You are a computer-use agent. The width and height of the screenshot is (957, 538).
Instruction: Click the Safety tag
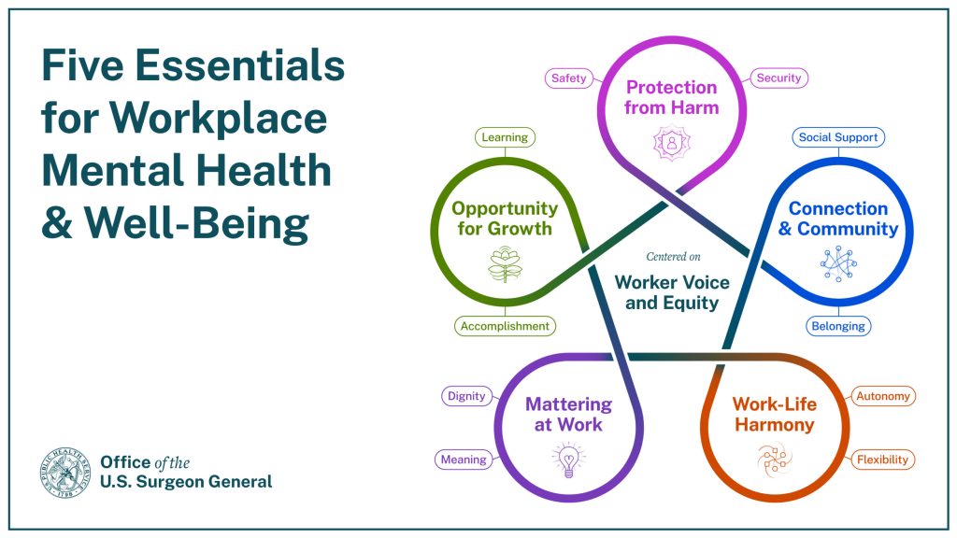coord(569,78)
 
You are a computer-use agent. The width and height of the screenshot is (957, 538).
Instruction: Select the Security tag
coord(778,78)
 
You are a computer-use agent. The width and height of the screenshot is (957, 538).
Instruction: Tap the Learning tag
coord(505,137)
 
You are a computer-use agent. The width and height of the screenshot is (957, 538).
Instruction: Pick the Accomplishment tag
coord(505,326)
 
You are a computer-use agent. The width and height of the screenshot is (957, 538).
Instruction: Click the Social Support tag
coord(838,137)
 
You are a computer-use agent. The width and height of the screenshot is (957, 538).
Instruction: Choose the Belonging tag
coord(838,326)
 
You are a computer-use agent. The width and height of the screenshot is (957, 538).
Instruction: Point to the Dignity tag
coord(466,396)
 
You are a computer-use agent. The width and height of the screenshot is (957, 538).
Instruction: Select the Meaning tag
coord(464,460)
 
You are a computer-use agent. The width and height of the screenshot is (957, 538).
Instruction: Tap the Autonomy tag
coord(882,396)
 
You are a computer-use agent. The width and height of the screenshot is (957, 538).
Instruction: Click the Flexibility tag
coord(882,460)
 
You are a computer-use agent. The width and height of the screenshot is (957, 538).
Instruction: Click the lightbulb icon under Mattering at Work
coord(568,460)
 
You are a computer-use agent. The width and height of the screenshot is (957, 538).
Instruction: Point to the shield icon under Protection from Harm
coord(671,143)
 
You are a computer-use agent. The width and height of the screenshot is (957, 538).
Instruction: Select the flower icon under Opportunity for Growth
coord(505,264)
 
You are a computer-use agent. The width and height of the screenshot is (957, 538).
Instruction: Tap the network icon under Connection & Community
coord(838,264)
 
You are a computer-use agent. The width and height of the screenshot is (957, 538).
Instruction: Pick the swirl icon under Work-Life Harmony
coord(775,460)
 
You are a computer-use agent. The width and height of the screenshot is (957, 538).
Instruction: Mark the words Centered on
coord(673,257)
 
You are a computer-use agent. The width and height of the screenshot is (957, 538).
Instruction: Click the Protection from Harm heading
coord(671,97)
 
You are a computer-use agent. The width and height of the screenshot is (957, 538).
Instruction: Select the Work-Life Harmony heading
coord(775,414)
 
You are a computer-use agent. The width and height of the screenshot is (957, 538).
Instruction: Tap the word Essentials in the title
coord(240,65)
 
